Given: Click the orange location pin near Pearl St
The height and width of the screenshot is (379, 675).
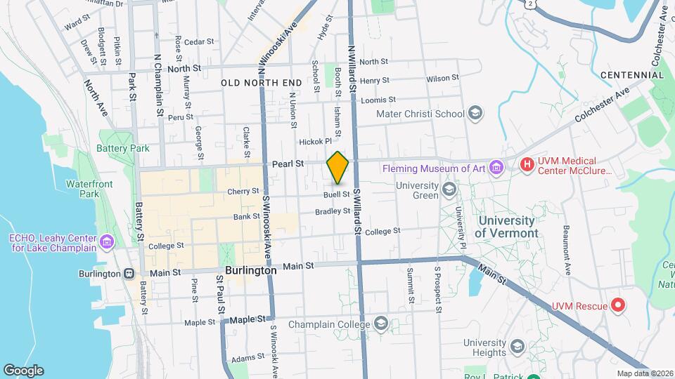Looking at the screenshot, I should (x=338, y=167).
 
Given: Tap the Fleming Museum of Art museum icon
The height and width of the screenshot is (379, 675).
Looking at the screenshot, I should (x=497, y=167).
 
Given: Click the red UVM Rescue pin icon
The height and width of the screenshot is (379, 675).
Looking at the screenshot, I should (x=617, y=305).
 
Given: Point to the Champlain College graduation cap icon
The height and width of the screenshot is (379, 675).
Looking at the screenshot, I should (x=381, y=324).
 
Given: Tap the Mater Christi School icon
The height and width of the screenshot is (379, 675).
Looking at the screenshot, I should (x=475, y=114).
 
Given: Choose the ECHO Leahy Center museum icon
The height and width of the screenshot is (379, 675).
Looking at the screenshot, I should (x=106, y=243).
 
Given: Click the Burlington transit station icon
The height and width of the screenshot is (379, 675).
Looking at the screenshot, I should (x=128, y=274).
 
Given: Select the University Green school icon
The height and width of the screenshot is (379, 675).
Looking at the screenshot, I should (x=448, y=189).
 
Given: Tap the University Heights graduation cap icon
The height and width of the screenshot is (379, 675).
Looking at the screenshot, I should (x=517, y=347).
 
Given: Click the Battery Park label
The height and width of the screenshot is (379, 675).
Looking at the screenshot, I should (x=124, y=149).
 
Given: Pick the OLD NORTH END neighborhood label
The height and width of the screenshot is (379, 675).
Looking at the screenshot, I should (x=261, y=83).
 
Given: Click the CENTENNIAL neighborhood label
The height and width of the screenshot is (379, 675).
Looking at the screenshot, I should (x=628, y=74).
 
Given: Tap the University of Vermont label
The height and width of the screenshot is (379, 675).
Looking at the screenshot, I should (x=506, y=227).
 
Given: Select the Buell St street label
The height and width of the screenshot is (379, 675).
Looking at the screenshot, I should (x=337, y=194).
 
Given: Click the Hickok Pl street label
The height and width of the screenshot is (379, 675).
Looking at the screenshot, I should (x=315, y=141).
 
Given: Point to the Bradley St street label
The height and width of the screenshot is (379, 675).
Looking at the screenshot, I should (x=333, y=211).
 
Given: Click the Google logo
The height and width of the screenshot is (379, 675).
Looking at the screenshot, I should (x=23, y=371).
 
